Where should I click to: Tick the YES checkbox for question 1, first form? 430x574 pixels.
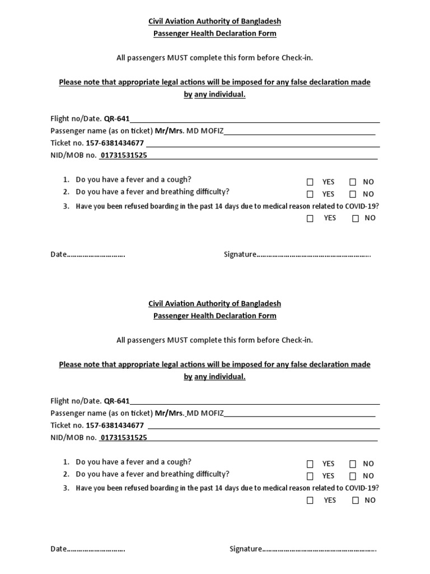click(310, 182)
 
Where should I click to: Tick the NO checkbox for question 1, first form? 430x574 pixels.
click(353, 182)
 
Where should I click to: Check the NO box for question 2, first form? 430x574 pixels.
click(353, 195)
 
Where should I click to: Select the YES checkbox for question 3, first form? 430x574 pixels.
click(310, 219)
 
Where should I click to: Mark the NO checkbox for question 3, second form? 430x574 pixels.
click(356, 501)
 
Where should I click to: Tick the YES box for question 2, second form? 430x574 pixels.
click(310, 476)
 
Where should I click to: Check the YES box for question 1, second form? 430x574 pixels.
click(310, 464)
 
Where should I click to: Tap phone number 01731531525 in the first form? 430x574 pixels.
click(123, 155)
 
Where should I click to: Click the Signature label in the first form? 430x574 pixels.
click(240, 254)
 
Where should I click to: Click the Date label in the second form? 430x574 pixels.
click(59, 549)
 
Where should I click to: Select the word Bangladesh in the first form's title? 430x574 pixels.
click(261, 21)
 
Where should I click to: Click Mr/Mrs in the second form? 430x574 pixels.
click(170, 413)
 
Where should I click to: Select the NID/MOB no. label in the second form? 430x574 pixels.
click(73, 438)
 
